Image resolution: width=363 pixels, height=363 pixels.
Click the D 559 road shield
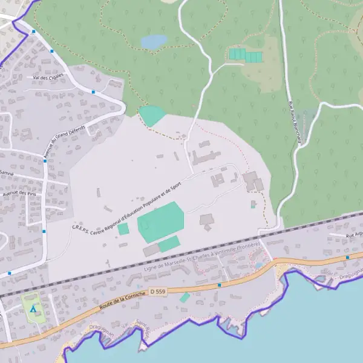(157, 292)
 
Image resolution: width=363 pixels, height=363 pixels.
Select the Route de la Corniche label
(124, 301)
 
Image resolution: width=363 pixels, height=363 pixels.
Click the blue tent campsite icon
(33, 309)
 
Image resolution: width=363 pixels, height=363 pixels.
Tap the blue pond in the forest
(154, 41)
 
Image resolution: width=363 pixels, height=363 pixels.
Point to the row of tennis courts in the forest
(245, 55)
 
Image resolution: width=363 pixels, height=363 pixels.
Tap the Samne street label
(7, 172)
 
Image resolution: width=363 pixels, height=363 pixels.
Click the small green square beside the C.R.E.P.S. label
(123, 229)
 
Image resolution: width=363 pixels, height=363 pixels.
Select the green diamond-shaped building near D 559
(185, 298)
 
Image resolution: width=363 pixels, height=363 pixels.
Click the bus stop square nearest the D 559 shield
(220, 284)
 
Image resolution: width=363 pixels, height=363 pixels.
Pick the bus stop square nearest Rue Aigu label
(347, 257)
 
